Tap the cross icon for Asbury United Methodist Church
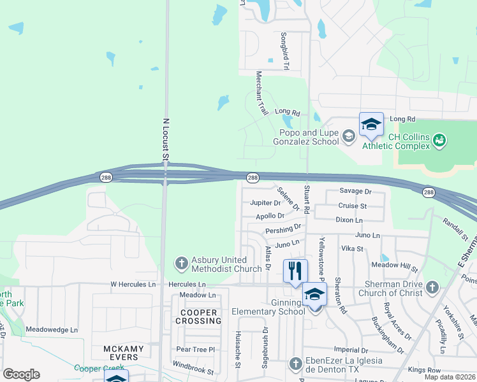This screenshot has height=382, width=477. point(181,263)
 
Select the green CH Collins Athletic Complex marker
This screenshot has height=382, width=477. point(439,139)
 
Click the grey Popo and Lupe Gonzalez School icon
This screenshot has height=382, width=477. point(348,135)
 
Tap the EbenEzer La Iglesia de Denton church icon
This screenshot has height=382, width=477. point(295,364)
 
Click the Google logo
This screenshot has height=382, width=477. point(21,374)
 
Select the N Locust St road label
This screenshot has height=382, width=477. point(166,139)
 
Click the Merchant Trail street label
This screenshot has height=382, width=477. point(261,93)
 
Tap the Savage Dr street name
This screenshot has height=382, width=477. point(355,191)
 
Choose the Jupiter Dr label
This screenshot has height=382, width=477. point(265,203)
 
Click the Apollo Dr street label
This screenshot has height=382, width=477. point(270,216)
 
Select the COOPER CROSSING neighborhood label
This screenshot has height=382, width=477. point(198,316)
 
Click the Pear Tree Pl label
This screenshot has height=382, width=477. point(196,350)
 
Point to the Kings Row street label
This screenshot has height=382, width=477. point(425,370)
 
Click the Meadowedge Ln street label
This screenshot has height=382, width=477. point(52,330)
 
